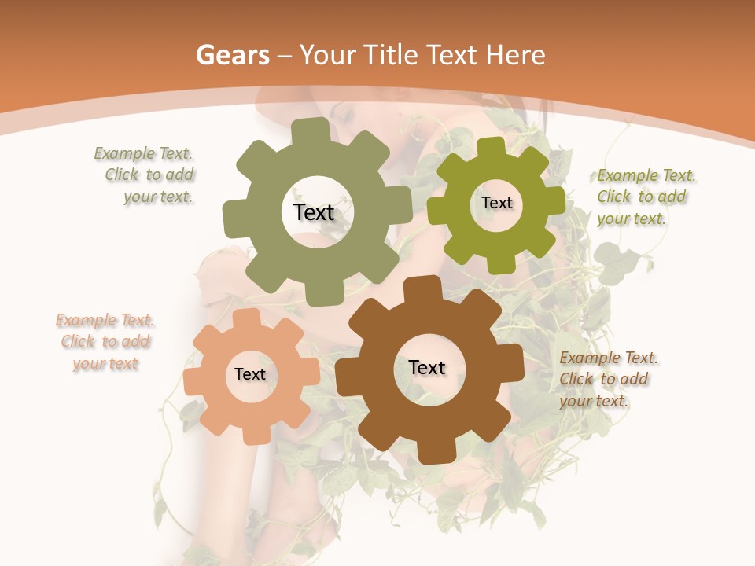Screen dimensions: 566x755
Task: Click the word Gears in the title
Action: [x=232, y=55]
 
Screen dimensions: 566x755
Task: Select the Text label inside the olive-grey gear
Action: [x=314, y=212]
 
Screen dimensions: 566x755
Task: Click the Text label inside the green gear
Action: [x=496, y=203]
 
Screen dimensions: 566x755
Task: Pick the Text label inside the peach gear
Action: [x=250, y=374]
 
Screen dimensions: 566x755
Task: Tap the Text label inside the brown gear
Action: [x=427, y=367]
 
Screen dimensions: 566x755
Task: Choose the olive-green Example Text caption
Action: [x=645, y=197]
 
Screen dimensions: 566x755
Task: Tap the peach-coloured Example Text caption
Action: [x=105, y=342]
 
